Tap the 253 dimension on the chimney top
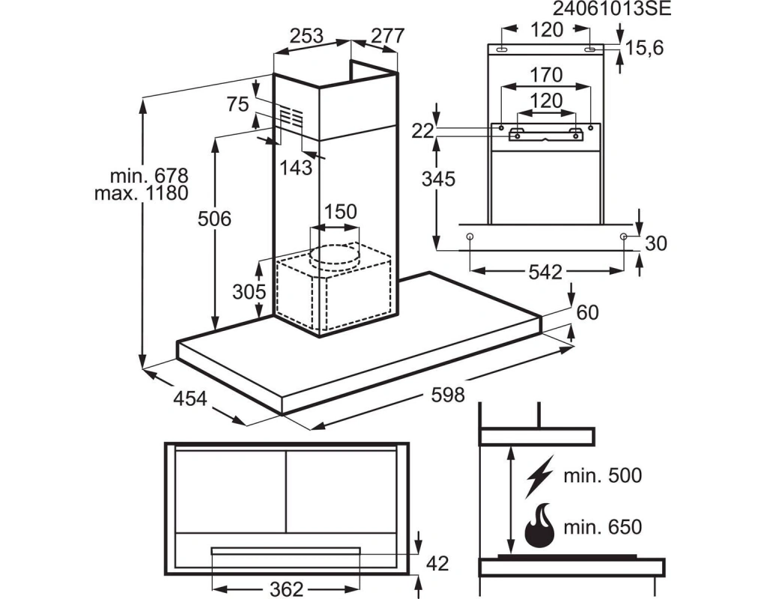306,36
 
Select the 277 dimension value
387,36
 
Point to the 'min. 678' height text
149,175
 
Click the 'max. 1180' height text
142,193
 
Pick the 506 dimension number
214,219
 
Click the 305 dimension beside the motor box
249,292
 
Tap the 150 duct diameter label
340,212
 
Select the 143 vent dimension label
296,168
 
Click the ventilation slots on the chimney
291,117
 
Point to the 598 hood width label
448,394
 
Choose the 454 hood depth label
190,398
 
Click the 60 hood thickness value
587,312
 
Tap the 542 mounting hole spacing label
545,272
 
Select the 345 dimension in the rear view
438,179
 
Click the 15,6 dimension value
645,48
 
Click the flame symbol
539,526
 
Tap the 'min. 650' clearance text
603,527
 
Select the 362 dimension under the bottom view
287,589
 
